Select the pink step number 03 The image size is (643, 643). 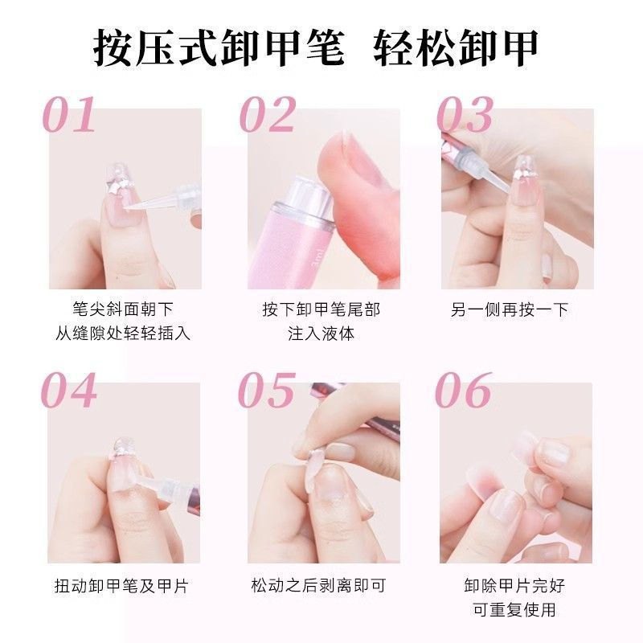pos(465,114)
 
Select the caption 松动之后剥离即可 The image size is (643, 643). pos(318,586)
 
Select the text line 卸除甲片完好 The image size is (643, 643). pos(515,586)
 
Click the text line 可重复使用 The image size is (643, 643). pos(515,609)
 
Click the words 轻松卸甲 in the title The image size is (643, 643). pos(456,49)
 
